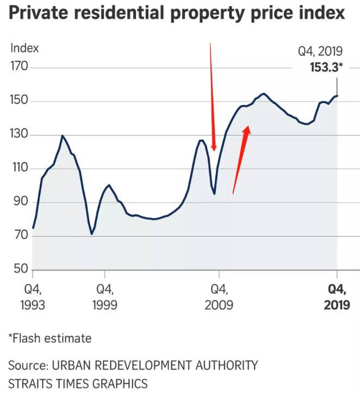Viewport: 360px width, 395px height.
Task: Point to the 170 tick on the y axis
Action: click(20, 67)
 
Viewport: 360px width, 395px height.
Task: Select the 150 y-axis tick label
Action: click(20, 101)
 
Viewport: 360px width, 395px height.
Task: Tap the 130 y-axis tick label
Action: click(20, 135)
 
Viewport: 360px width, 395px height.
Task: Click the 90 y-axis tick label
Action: click(20, 202)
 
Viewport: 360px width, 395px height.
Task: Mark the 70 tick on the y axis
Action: click(20, 236)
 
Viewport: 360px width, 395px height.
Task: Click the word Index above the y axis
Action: click(25, 48)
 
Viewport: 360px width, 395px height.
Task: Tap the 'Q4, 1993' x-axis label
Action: click(33, 295)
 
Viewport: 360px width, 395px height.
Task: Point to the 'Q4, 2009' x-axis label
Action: click(219, 295)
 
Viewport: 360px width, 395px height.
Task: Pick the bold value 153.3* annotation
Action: click(323, 69)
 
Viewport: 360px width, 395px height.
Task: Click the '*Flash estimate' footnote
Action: click(49, 338)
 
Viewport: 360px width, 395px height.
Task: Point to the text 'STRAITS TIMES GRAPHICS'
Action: click(78, 383)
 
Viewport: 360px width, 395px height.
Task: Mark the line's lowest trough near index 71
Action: click(92, 234)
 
